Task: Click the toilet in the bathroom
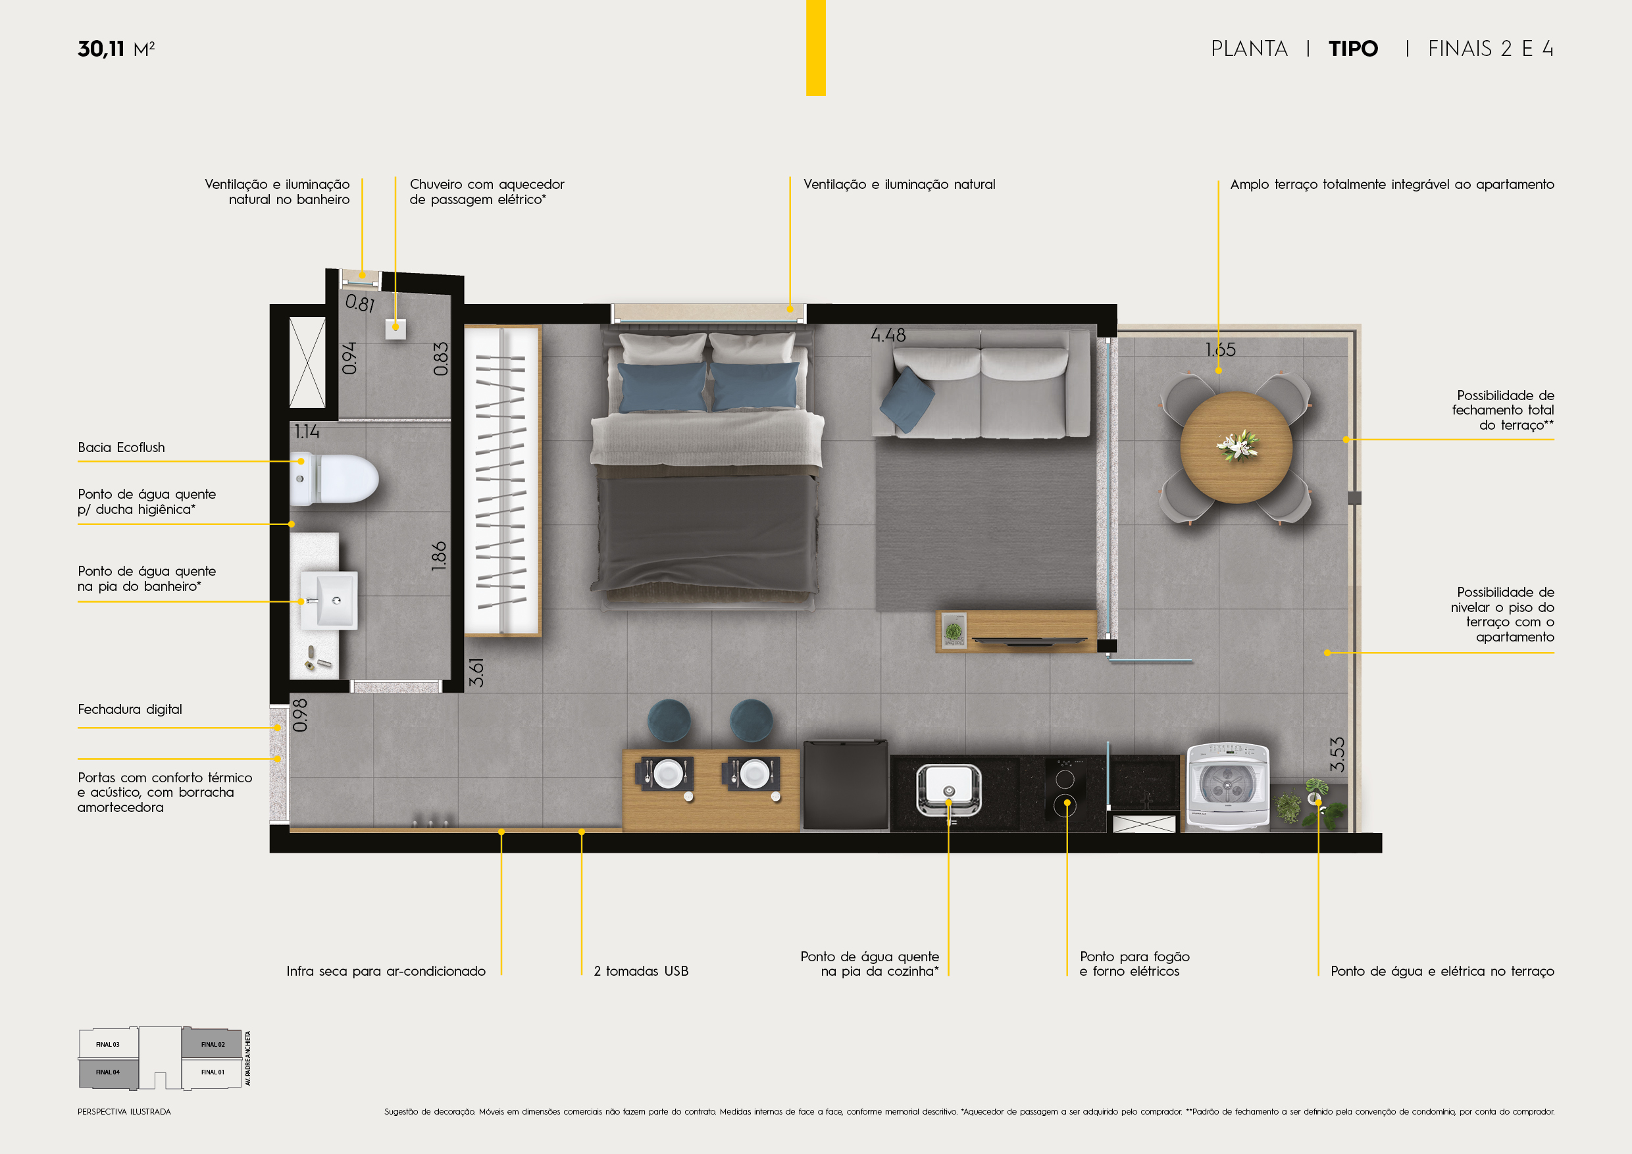[334, 480]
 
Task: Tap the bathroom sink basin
[329, 601]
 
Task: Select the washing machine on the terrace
[1227, 787]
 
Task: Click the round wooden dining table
[1236, 447]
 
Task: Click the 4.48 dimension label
[888, 336]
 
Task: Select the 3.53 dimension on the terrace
[1337, 755]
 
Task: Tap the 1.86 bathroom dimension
[440, 557]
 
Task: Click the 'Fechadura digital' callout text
[130, 709]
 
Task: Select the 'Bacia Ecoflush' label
[122, 447]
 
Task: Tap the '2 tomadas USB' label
[641, 971]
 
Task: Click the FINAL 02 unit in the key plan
[213, 1044]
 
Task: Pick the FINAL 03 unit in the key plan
[108, 1044]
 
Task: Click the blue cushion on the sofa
[907, 400]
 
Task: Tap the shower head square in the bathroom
[396, 328]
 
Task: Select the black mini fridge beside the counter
[846, 785]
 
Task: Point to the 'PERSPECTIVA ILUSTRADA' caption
[124, 1112]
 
